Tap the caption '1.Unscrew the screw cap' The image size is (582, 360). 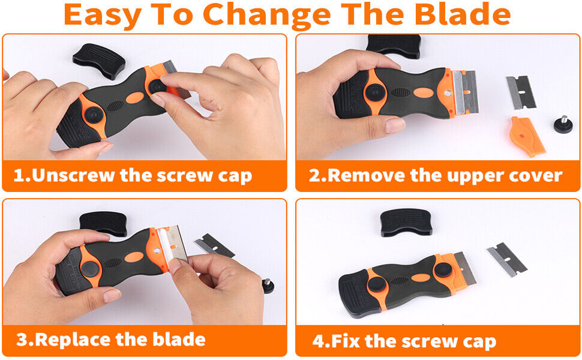coord(133,176)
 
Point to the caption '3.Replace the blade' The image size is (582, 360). coord(111,340)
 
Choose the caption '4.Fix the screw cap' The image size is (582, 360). coord(404,342)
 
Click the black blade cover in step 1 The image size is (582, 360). coord(99,60)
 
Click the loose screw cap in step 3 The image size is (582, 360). coord(268,286)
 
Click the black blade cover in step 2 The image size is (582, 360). coord(393,45)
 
